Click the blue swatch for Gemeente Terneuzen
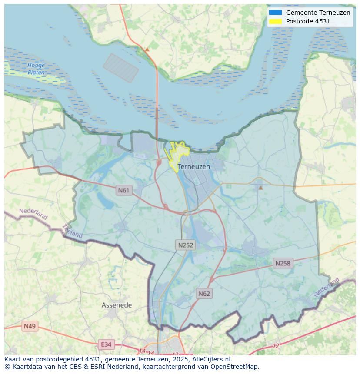[275, 13]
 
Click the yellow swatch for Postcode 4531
[275, 21]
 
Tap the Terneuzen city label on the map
[193, 167]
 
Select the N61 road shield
[124, 190]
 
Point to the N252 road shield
[186, 245]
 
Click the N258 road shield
[283, 263]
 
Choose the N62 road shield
[204, 294]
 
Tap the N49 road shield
[30, 326]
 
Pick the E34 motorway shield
[106, 344]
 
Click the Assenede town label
[117, 305]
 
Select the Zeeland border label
[72, 231]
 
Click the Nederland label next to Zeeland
[33, 214]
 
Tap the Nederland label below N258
[327, 288]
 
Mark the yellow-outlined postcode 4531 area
[177, 154]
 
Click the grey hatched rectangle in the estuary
[121, 68]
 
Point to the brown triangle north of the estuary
[147, 50]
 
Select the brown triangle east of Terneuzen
[260, 188]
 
